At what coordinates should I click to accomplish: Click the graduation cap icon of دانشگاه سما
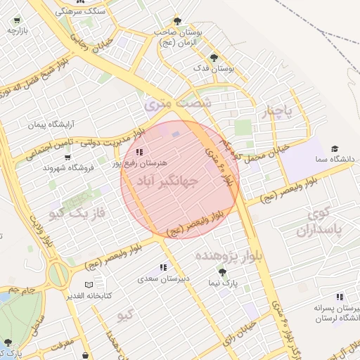(335, 148)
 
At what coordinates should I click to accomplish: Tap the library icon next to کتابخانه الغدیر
(70, 296)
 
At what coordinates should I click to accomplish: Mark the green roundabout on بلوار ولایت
(58, 274)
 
